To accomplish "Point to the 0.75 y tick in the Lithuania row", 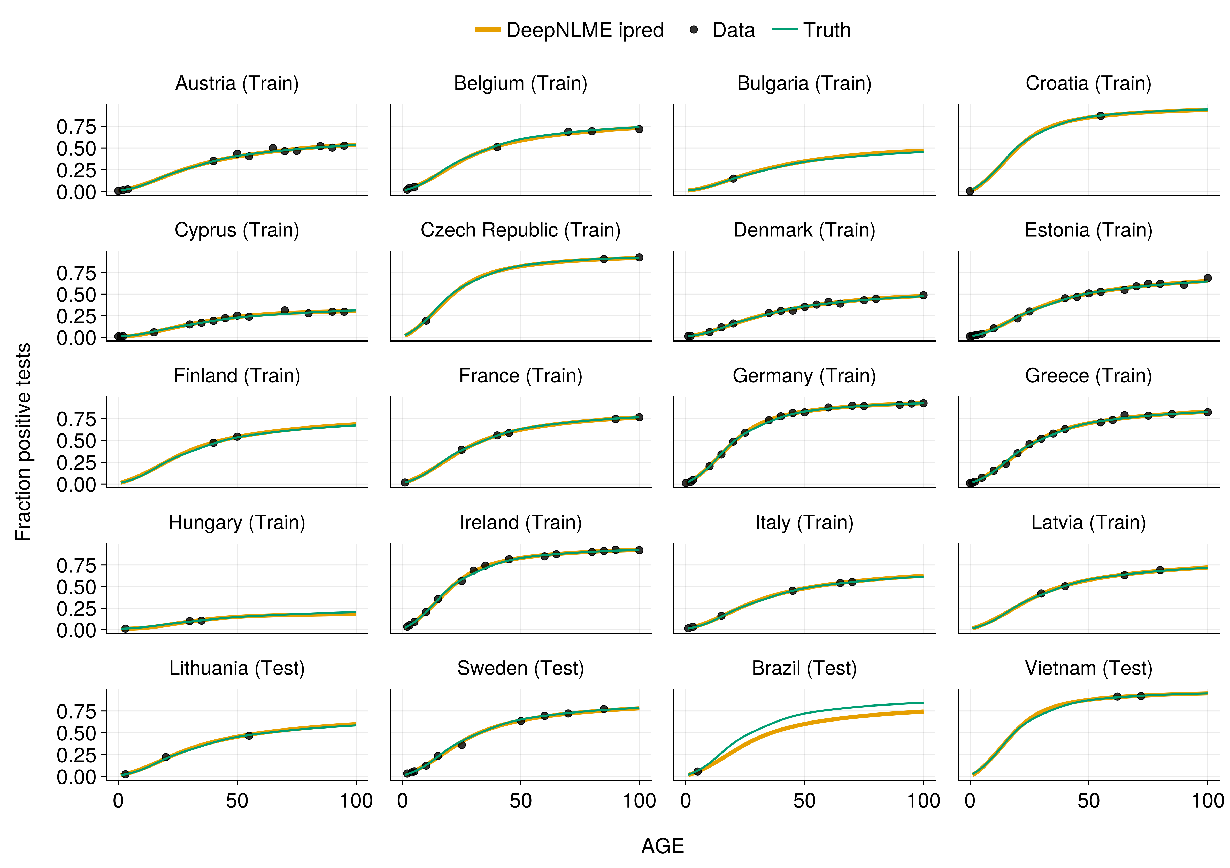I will pos(76,712).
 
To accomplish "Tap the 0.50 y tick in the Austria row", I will pos(76,148).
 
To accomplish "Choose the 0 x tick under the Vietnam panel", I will pos(970,801).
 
